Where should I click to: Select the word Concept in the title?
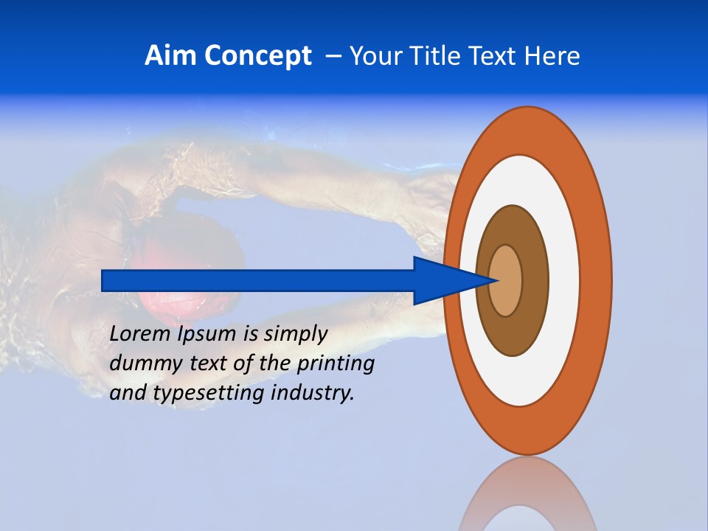pos(258,57)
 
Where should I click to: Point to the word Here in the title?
pos(553,56)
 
